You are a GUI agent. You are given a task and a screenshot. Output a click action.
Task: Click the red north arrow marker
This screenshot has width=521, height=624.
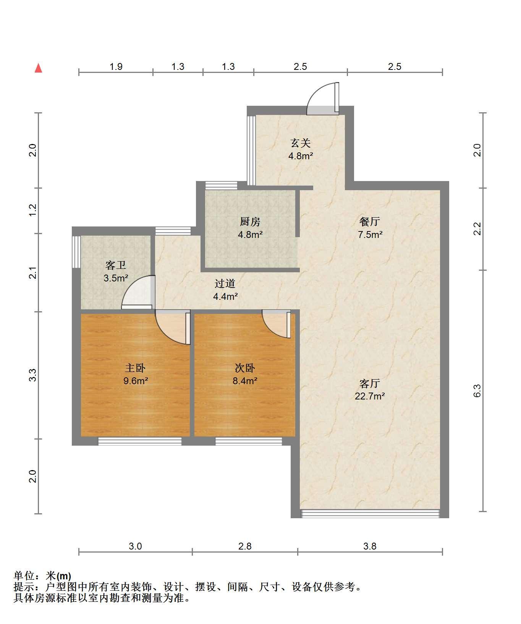(38, 68)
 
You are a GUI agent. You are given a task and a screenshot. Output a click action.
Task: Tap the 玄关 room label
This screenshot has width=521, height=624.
(301, 143)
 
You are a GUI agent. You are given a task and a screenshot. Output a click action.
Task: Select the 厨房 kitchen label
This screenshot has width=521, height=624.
(250, 221)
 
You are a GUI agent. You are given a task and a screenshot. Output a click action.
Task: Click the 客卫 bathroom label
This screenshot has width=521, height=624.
(116, 265)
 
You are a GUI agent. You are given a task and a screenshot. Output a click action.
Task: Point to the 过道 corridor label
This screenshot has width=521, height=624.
(225, 283)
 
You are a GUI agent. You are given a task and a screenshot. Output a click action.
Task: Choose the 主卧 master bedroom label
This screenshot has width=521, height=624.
(135, 368)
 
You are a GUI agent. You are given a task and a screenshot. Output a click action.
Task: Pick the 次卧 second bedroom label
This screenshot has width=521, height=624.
(244, 368)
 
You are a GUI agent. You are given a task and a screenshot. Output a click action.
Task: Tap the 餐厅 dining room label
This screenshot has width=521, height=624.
(370, 221)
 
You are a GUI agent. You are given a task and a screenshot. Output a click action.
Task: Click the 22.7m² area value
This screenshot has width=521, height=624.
(370, 396)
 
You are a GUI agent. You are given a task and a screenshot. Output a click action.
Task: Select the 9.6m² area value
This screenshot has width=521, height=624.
(135, 381)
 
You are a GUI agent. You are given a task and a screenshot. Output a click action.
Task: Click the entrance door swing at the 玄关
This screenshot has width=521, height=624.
(323, 98)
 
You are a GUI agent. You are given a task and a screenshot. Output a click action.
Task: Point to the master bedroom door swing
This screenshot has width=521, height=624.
(173, 328)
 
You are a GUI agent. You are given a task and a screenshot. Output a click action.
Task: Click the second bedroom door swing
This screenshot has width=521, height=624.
(276, 325)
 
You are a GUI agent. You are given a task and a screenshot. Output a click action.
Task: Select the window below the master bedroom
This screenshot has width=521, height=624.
(140, 441)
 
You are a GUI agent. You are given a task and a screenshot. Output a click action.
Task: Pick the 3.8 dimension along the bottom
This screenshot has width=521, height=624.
(370, 546)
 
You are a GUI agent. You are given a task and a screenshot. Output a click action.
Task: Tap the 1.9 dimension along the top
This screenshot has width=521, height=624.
(116, 67)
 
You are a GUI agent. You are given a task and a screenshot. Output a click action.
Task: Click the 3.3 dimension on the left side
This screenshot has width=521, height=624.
(33, 375)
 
